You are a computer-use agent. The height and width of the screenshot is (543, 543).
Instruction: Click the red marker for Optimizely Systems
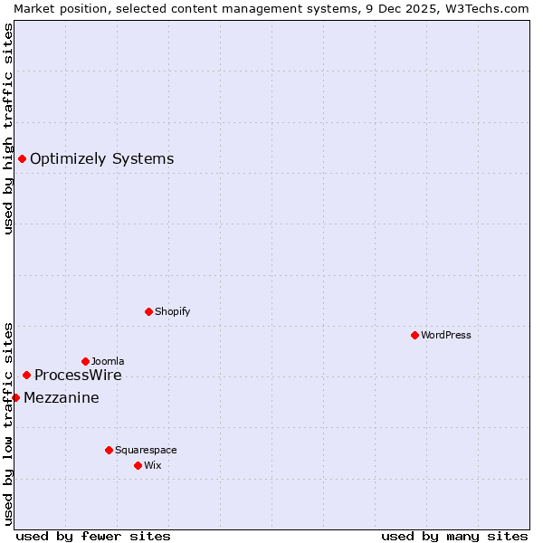[x=22, y=159]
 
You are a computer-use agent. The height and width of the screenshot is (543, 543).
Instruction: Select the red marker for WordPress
[x=414, y=335]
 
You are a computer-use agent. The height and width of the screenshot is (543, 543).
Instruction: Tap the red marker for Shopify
[x=148, y=311]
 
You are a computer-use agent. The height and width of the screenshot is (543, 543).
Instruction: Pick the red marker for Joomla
[x=85, y=361]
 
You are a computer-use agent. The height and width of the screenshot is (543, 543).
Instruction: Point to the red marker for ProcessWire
[x=26, y=375]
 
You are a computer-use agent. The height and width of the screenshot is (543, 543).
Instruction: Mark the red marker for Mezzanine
[x=15, y=397]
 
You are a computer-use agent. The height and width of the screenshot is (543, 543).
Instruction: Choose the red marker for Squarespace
[x=109, y=450]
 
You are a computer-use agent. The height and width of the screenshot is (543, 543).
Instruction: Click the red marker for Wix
[x=138, y=465]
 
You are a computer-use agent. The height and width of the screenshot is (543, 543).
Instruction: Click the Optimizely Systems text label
[x=101, y=159]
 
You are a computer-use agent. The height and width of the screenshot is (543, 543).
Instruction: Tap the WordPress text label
[x=445, y=335]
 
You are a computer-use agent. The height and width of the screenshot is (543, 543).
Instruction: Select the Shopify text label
[x=172, y=311]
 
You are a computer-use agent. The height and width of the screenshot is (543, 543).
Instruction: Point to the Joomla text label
[x=108, y=361]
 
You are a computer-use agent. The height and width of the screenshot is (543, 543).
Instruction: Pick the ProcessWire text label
[x=78, y=376]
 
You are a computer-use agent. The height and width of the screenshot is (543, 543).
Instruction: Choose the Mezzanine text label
[x=62, y=398]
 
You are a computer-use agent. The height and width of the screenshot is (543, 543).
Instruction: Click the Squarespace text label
[x=146, y=450]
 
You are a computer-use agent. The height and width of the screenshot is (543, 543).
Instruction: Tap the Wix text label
[x=153, y=465]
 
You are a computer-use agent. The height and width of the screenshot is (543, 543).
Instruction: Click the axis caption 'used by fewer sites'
[x=93, y=536]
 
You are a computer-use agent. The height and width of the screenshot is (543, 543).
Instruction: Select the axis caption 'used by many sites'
[x=454, y=536]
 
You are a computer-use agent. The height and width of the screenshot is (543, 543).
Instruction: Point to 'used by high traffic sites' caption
[x=9, y=129]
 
